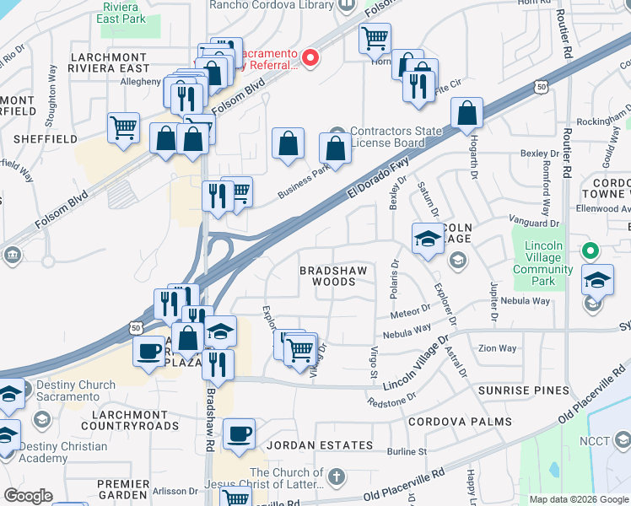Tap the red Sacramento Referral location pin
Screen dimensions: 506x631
[x=310, y=58]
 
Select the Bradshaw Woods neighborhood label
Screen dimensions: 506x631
[x=335, y=276]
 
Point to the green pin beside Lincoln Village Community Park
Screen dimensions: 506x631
[x=591, y=250]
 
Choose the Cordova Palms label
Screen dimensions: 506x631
[x=460, y=421]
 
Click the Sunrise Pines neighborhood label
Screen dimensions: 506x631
[x=519, y=390]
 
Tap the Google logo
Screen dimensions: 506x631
[x=28, y=496]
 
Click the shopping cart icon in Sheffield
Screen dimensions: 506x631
[x=124, y=128]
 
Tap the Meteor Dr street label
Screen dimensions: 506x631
[x=412, y=312]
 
